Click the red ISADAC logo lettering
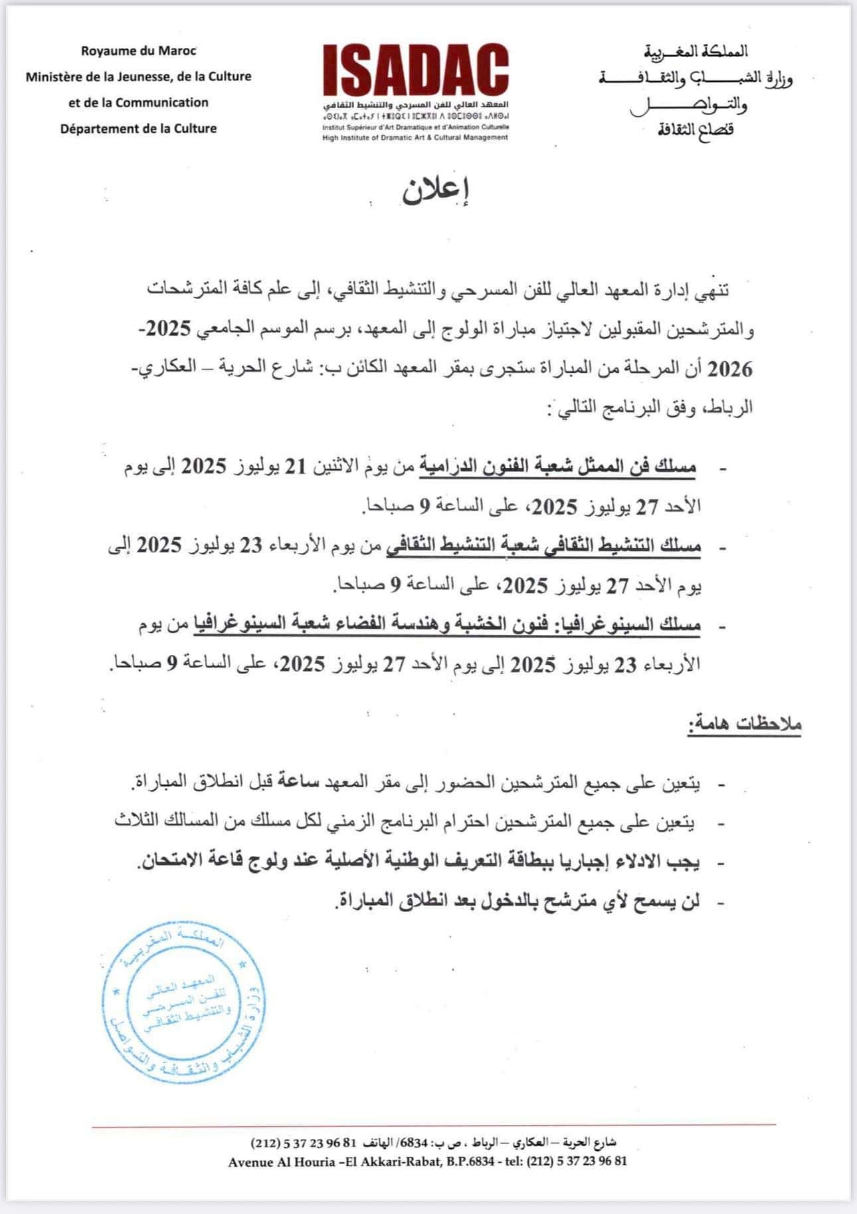[x=416, y=72]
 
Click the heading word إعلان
[x=435, y=191]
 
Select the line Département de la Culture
[x=139, y=128]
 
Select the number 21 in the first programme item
[x=294, y=467]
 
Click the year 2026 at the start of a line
[x=730, y=368]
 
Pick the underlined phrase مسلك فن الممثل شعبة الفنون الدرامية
[x=557, y=467]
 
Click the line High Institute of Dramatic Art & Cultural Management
[x=415, y=137]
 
